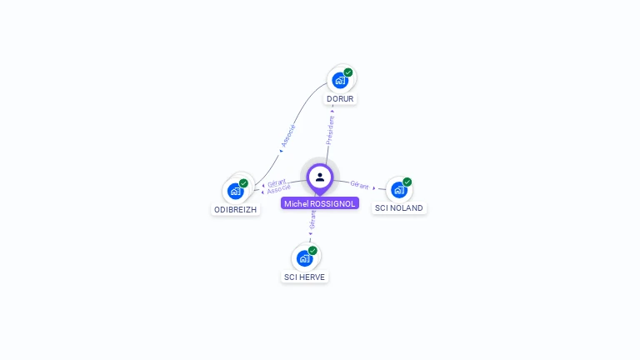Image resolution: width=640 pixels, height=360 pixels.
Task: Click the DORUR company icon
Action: pyautogui.click(x=339, y=80)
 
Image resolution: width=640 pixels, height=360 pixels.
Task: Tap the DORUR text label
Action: pyautogui.click(x=340, y=99)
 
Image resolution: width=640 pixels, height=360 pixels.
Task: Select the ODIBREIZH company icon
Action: pyautogui.click(x=235, y=191)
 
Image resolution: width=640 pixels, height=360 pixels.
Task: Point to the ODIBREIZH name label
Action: pyautogui.click(x=235, y=210)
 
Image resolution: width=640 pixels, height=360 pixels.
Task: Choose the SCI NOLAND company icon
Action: pyautogui.click(x=398, y=190)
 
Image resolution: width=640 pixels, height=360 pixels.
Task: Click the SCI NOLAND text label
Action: pyautogui.click(x=398, y=208)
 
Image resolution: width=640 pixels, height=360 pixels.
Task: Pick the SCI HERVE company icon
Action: pyautogui.click(x=304, y=258)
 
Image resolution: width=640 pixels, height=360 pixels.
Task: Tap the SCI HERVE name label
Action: pyautogui.click(x=304, y=277)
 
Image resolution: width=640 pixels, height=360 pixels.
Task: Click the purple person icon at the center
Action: pyautogui.click(x=320, y=177)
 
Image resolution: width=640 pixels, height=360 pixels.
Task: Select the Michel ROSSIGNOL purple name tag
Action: pyautogui.click(x=320, y=203)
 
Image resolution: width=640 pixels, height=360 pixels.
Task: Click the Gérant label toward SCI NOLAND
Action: pyautogui.click(x=360, y=184)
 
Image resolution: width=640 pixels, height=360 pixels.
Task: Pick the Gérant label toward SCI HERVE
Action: pyautogui.click(x=312, y=219)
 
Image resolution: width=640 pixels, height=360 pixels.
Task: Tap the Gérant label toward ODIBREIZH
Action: pyautogui.click(x=277, y=182)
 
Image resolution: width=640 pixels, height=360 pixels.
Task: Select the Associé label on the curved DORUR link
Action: pyautogui.click(x=287, y=136)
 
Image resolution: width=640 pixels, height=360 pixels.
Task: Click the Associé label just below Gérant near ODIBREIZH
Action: pyautogui.click(x=278, y=190)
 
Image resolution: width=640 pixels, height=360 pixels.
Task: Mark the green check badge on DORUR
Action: pyautogui.click(x=348, y=72)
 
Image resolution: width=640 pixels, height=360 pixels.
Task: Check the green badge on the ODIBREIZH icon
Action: pyautogui.click(x=243, y=183)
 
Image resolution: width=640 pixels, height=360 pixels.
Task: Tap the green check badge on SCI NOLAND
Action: pyautogui.click(x=407, y=182)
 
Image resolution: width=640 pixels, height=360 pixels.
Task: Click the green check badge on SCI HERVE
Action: pyautogui.click(x=312, y=251)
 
